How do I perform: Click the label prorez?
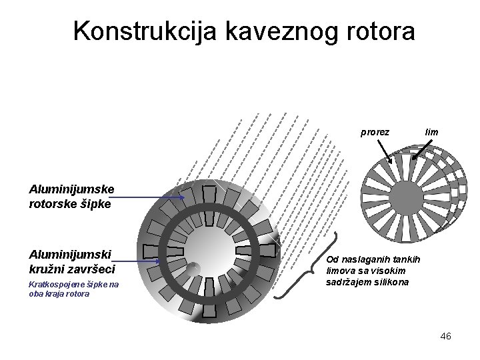coord(375,132)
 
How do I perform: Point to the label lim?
coord(431,132)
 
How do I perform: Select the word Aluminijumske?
coord(71,189)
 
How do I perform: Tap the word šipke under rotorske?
coord(95,204)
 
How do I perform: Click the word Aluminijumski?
coord(70,254)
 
